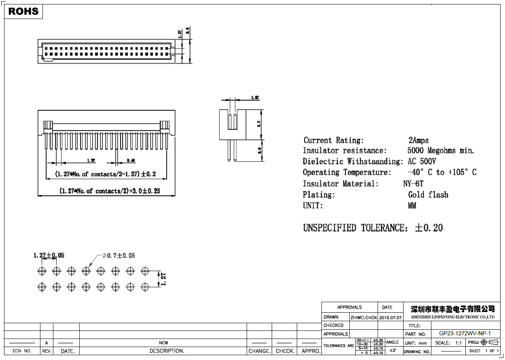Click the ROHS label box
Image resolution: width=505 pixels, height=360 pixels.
(x=23, y=11)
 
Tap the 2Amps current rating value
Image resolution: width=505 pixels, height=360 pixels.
(x=418, y=140)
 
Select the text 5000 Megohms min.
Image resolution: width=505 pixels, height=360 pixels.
(x=441, y=151)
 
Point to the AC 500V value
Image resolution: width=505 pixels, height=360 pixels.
(x=422, y=162)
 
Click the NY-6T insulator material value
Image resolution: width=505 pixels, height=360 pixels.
(x=413, y=184)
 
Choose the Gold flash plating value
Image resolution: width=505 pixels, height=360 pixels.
(x=428, y=195)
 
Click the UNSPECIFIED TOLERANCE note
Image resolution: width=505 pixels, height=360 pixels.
(x=373, y=228)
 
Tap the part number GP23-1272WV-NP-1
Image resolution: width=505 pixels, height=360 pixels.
(x=465, y=334)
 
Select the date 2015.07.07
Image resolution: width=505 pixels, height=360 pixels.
(x=391, y=318)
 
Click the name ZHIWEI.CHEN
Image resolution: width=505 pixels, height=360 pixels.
(x=363, y=318)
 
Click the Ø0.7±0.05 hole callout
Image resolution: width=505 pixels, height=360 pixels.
(x=118, y=256)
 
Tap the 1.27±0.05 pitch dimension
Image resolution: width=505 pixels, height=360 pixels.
(x=49, y=256)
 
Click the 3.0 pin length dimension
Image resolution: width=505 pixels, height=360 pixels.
(x=259, y=151)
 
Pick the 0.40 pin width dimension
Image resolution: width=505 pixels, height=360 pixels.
(x=131, y=161)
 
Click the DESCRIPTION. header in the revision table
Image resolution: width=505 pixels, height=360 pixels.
(x=167, y=351)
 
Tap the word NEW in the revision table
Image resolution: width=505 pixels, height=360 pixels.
(x=163, y=343)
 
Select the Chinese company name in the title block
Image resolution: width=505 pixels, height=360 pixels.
(x=452, y=309)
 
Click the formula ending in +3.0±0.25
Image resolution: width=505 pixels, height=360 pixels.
(x=110, y=191)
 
